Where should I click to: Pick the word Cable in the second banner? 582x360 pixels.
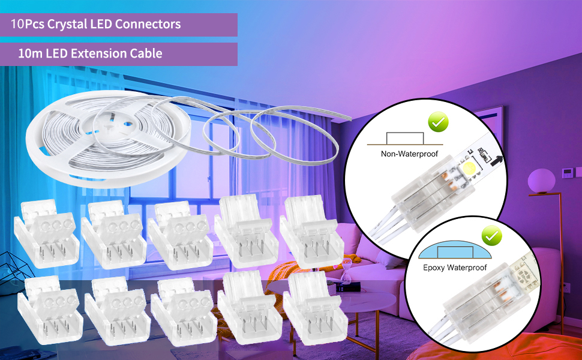click(146, 53)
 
